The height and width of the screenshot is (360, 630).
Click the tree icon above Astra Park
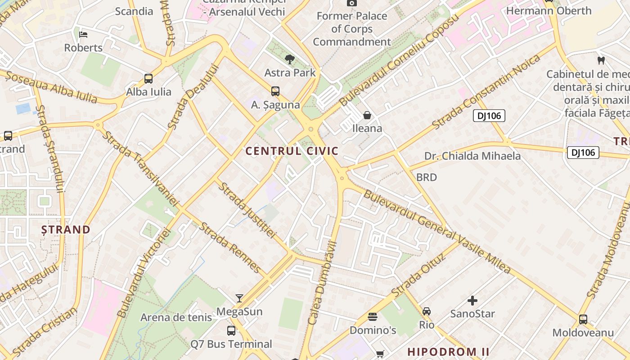pyautogui.click(x=290, y=59)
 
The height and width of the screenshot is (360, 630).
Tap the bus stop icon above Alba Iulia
pyautogui.click(x=148, y=79)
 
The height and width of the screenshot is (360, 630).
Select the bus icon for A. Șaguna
pyautogui.click(x=275, y=91)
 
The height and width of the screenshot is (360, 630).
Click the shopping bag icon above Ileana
pyautogui.click(x=367, y=115)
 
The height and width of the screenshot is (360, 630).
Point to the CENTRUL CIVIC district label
pyautogui.click(x=292, y=151)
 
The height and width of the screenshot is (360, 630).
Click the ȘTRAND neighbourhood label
pyautogui.click(x=66, y=229)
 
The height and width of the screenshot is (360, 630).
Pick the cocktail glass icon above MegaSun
pyautogui.click(x=239, y=298)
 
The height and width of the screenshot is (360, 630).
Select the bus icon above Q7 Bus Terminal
pyautogui.click(x=231, y=331)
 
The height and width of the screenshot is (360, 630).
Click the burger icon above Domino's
pyautogui.click(x=373, y=317)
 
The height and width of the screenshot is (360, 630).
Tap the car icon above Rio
pyautogui.click(x=427, y=311)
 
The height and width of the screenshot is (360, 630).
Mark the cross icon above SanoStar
pyautogui.click(x=472, y=300)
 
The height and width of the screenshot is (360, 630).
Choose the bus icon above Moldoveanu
pyautogui.click(x=583, y=319)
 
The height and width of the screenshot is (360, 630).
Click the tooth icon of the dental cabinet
pyautogui.click(x=601, y=60)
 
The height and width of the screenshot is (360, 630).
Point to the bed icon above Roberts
pyautogui.click(x=83, y=34)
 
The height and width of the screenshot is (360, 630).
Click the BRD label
pyautogui.click(x=426, y=177)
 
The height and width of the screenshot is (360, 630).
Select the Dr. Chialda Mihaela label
pyautogui.click(x=472, y=156)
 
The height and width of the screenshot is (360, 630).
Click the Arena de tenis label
pyautogui.click(x=176, y=318)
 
